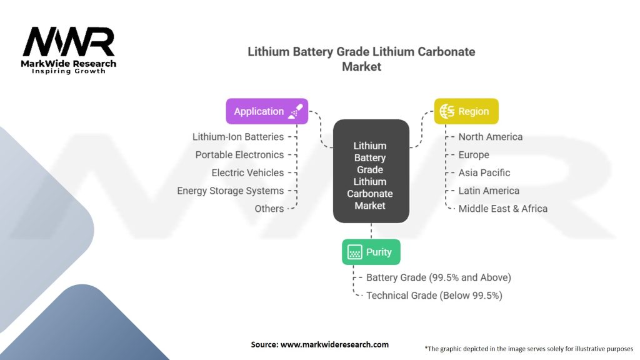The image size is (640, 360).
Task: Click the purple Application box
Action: (x=267, y=111)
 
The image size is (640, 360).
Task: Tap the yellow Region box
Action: (x=466, y=111)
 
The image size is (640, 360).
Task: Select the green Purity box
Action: (x=371, y=252)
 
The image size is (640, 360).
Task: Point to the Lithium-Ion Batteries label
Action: (x=238, y=137)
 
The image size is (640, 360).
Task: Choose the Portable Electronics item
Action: (x=239, y=155)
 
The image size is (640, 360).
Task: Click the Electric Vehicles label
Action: (x=247, y=172)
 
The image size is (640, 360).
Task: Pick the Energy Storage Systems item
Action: (x=231, y=191)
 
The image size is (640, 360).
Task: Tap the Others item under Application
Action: (x=269, y=209)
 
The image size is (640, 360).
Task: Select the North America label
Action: (x=490, y=137)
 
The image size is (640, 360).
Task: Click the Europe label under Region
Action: (x=474, y=155)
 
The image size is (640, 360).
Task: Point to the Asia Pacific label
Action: (x=484, y=172)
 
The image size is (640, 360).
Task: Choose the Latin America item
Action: (x=489, y=191)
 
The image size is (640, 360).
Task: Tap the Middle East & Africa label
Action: (x=502, y=209)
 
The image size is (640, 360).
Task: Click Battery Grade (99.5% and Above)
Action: (x=438, y=277)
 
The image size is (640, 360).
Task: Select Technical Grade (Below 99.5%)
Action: (x=434, y=295)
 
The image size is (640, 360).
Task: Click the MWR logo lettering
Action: (x=68, y=42)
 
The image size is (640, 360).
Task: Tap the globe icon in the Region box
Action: (x=447, y=111)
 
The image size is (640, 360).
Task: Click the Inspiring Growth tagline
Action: (x=69, y=71)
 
